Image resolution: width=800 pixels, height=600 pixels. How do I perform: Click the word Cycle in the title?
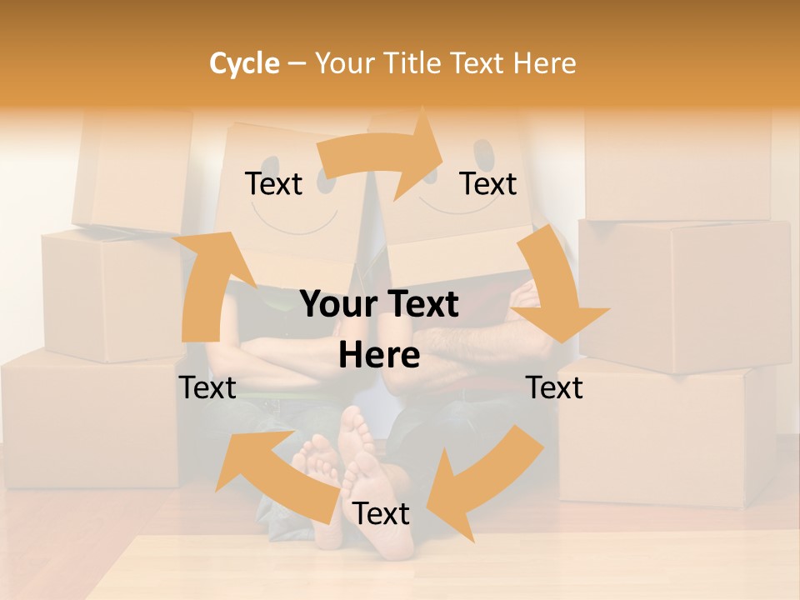244,63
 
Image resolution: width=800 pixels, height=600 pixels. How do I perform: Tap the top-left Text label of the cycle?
273,183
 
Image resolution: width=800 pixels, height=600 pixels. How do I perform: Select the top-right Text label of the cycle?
488,183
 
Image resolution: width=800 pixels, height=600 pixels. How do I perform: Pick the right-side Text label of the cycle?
554,387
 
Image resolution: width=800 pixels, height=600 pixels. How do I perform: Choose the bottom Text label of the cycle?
381,514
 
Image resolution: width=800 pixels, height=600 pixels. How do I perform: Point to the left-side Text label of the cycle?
207,387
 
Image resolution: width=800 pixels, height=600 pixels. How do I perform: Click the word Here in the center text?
379,356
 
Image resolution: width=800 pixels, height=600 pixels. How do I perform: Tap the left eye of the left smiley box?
268,159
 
